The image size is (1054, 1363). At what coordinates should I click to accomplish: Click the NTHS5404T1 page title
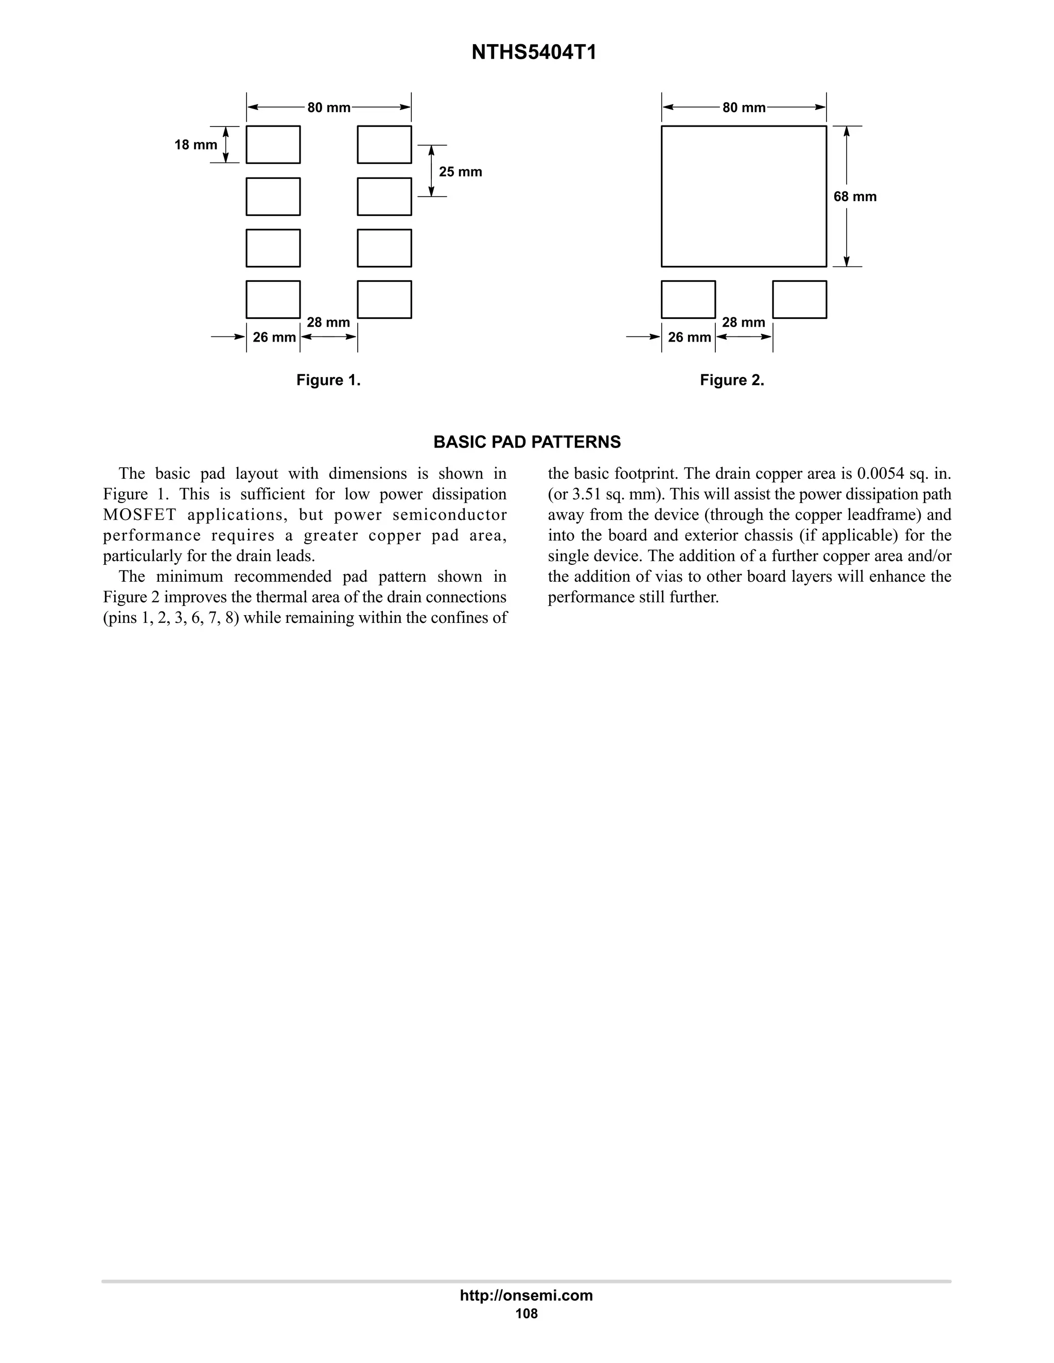(x=533, y=52)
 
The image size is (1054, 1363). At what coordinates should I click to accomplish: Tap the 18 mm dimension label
(x=196, y=145)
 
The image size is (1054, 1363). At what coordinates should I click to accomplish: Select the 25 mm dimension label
(x=460, y=172)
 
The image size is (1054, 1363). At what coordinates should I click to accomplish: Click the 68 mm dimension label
(x=855, y=196)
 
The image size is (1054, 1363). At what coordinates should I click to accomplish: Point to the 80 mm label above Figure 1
(x=328, y=107)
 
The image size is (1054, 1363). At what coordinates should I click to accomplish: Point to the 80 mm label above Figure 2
(x=744, y=107)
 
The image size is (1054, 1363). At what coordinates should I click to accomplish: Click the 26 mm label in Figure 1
(x=274, y=337)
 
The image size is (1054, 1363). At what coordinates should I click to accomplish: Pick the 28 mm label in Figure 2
(x=743, y=322)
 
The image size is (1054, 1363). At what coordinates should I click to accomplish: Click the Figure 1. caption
(x=328, y=380)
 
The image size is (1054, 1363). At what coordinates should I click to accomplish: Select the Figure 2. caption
(x=732, y=380)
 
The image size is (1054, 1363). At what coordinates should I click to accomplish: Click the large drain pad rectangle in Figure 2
(x=744, y=196)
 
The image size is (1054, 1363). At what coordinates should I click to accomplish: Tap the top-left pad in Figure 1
(x=273, y=144)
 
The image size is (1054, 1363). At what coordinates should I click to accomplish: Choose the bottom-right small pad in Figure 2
(x=799, y=299)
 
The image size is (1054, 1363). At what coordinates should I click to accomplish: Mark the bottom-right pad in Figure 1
(x=384, y=299)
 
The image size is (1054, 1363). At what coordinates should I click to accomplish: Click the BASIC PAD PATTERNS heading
(x=527, y=442)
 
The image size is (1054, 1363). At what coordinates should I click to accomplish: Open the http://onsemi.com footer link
(x=526, y=1295)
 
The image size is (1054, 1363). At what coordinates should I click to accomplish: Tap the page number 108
(x=526, y=1314)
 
